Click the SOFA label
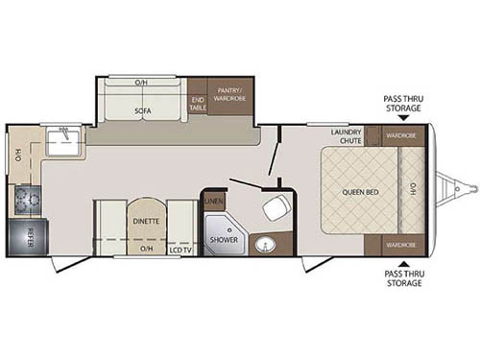[x=140, y=110]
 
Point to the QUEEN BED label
[x=358, y=192]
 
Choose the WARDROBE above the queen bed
[x=400, y=135]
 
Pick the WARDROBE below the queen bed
[x=400, y=245]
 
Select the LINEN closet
[x=214, y=201]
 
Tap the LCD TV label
[x=179, y=250]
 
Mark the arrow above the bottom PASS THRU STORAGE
[x=402, y=264]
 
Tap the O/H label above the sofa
[x=141, y=82]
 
